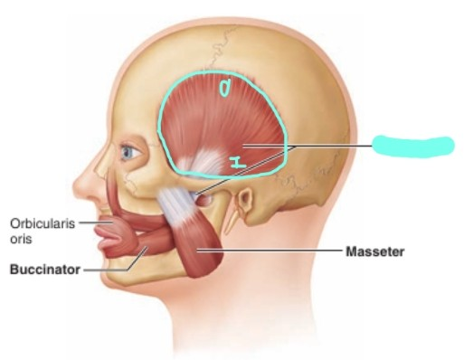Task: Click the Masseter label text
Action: point(374,251)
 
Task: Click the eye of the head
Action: point(132,153)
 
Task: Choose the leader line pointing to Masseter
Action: point(271,250)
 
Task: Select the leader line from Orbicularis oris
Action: point(90,221)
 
